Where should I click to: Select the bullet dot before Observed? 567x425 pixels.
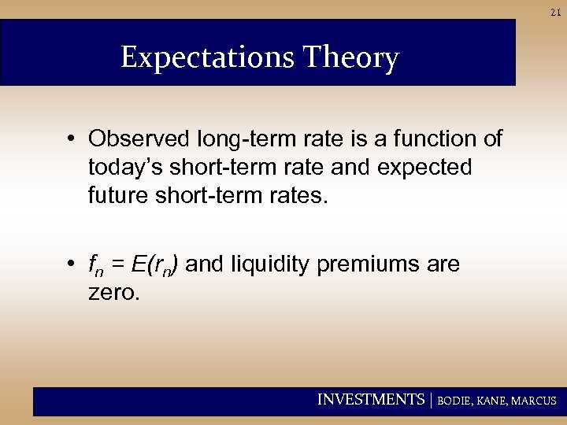72,139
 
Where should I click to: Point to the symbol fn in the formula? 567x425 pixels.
94,266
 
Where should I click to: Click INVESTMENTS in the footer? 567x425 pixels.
370,400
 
